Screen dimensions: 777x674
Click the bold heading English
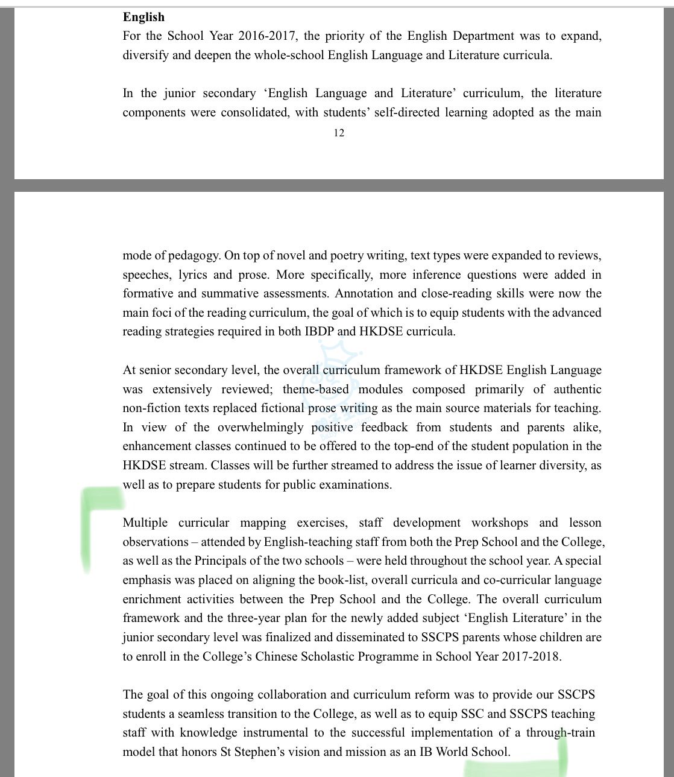coord(143,17)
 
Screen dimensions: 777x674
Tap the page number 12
coord(339,133)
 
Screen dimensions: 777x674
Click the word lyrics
coord(192,274)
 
